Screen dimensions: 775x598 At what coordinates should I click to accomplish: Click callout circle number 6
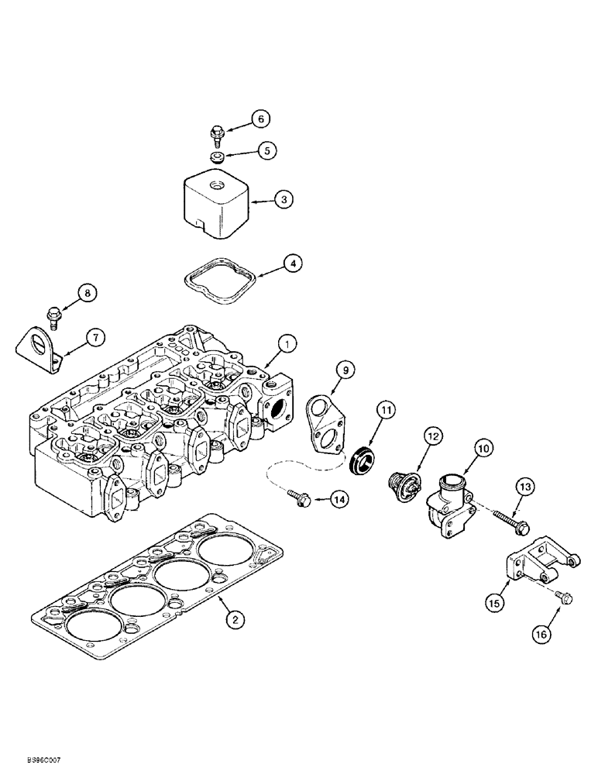click(x=261, y=119)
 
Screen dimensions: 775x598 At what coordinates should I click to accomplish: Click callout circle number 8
click(x=88, y=293)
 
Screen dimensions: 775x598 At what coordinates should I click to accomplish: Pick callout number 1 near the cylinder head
click(x=286, y=342)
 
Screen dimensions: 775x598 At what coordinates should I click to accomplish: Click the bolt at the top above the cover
click(x=218, y=138)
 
